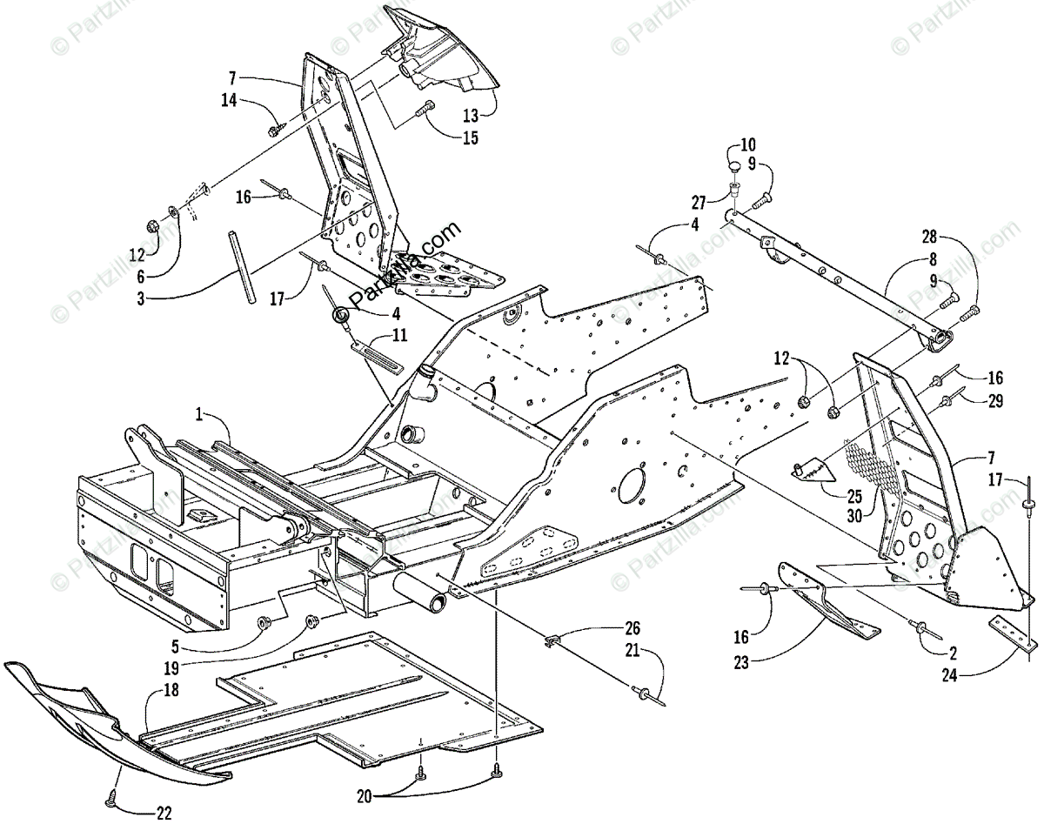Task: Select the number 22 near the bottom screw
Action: [163, 813]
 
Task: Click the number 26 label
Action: [632, 626]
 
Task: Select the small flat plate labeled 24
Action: [1014, 633]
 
